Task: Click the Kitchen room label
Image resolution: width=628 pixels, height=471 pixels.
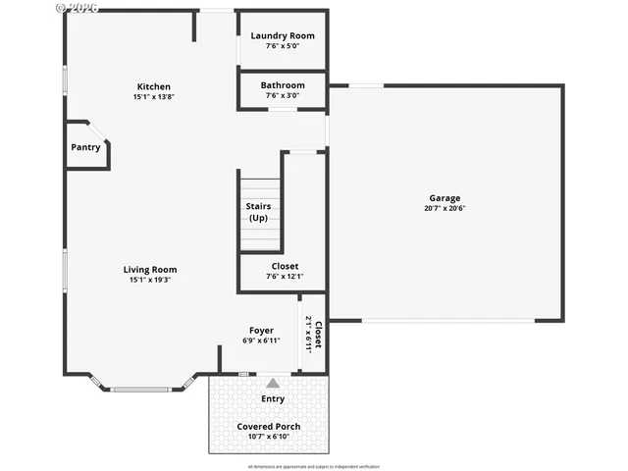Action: pyautogui.click(x=153, y=86)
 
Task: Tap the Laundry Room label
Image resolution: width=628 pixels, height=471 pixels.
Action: pyautogui.click(x=282, y=36)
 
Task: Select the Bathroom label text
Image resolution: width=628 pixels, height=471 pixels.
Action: pyautogui.click(x=282, y=85)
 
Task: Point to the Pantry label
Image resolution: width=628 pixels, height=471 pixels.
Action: pyautogui.click(x=85, y=147)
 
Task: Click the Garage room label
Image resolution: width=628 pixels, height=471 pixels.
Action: pyautogui.click(x=444, y=197)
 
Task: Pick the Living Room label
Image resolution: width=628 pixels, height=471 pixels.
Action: pyautogui.click(x=150, y=269)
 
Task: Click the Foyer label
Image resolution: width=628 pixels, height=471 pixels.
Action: pyautogui.click(x=261, y=331)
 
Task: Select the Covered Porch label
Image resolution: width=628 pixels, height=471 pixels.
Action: pyautogui.click(x=269, y=427)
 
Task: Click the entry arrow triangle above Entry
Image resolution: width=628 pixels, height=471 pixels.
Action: pyautogui.click(x=273, y=383)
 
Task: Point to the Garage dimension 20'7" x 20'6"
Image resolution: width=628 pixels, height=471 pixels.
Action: pyautogui.click(x=444, y=208)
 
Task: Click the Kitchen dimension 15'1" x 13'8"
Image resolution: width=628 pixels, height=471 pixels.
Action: pyautogui.click(x=153, y=97)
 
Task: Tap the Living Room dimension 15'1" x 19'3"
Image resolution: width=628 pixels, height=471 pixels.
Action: pyautogui.click(x=150, y=280)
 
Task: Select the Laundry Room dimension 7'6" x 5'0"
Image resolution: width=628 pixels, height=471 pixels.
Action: pyautogui.click(x=282, y=46)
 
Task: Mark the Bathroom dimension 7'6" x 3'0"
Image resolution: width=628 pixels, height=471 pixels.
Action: pyautogui.click(x=282, y=96)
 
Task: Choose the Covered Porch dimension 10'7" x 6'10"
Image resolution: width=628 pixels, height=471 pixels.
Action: pyautogui.click(x=269, y=438)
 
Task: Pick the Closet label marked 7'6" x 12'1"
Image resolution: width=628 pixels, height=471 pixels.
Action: pyautogui.click(x=284, y=266)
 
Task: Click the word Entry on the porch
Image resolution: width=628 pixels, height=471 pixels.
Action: pyautogui.click(x=273, y=399)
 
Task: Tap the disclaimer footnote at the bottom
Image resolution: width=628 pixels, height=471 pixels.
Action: pyautogui.click(x=315, y=466)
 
